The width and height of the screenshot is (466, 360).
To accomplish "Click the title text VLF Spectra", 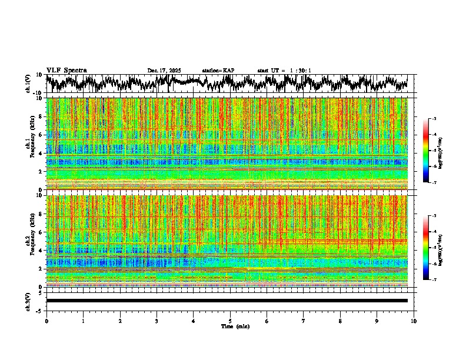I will click(x=66, y=71).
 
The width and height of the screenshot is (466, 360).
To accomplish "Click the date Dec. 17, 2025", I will click(x=164, y=71).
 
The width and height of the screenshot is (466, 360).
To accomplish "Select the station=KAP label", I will click(x=218, y=71).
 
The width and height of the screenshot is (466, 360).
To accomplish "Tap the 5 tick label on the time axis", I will click(x=230, y=321).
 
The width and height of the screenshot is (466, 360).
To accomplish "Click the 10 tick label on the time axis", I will click(x=414, y=321).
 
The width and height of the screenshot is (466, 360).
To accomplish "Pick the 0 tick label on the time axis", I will click(x=46, y=321).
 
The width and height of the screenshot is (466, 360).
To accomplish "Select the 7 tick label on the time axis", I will click(x=304, y=321).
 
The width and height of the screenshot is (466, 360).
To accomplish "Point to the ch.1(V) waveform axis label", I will click(x=28, y=84).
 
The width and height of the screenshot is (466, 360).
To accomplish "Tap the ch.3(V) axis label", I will click(x=28, y=301).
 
